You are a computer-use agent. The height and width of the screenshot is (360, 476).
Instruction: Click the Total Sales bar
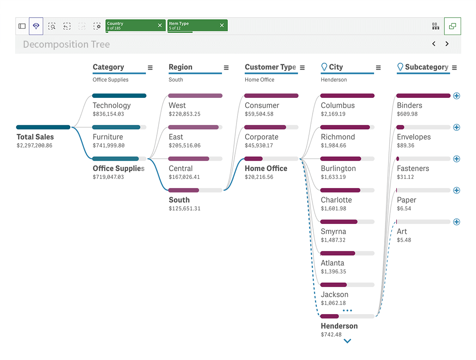43,127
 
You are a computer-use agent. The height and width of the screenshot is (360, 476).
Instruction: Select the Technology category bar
119,96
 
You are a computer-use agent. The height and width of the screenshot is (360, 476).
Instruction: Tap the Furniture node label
108,137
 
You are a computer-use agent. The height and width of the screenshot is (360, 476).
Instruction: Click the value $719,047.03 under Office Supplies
108,177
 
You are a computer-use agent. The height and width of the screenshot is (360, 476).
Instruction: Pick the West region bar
195,96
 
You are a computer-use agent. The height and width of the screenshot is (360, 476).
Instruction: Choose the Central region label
181,169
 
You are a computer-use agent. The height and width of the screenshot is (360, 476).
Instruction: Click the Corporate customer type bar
265,127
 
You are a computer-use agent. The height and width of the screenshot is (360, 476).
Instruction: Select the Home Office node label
266,169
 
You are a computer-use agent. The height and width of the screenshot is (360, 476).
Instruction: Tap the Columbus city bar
347,96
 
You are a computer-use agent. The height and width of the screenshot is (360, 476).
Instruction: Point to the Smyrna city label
334,232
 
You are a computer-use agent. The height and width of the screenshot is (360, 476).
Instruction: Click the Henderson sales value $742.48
331,334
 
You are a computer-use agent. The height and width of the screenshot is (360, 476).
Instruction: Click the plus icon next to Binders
457,96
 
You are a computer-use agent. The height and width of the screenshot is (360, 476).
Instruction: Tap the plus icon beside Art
457,222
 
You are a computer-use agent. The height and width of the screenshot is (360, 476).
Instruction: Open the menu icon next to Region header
226,68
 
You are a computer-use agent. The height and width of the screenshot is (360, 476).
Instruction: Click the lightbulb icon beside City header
324,67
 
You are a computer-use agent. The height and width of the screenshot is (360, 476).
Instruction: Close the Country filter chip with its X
160,26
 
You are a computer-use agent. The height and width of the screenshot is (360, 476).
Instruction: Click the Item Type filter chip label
179,24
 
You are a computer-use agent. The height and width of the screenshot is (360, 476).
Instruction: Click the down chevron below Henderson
347,341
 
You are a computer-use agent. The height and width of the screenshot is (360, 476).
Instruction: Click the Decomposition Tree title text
66,44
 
